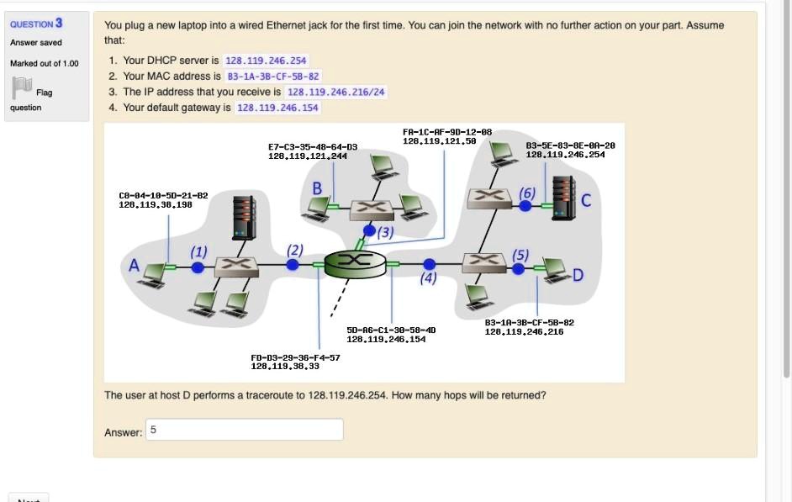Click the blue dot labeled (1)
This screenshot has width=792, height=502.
(198, 267)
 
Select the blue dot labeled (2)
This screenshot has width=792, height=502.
(293, 265)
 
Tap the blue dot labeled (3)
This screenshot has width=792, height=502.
(369, 230)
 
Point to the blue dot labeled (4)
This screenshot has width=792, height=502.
(429, 264)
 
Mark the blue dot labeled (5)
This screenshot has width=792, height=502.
(519, 268)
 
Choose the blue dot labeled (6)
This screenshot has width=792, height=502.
(525, 203)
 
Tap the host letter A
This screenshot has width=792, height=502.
(133, 267)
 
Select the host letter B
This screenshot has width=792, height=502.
(318, 188)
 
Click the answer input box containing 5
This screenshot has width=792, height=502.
(245, 430)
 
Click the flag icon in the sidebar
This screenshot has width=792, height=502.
(23, 87)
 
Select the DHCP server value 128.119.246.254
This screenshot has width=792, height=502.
(266, 61)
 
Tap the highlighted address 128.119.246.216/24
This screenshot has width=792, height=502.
(336, 92)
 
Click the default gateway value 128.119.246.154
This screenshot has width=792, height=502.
(277, 108)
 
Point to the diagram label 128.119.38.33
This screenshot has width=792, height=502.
(285, 366)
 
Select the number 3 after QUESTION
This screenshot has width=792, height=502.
(59, 23)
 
